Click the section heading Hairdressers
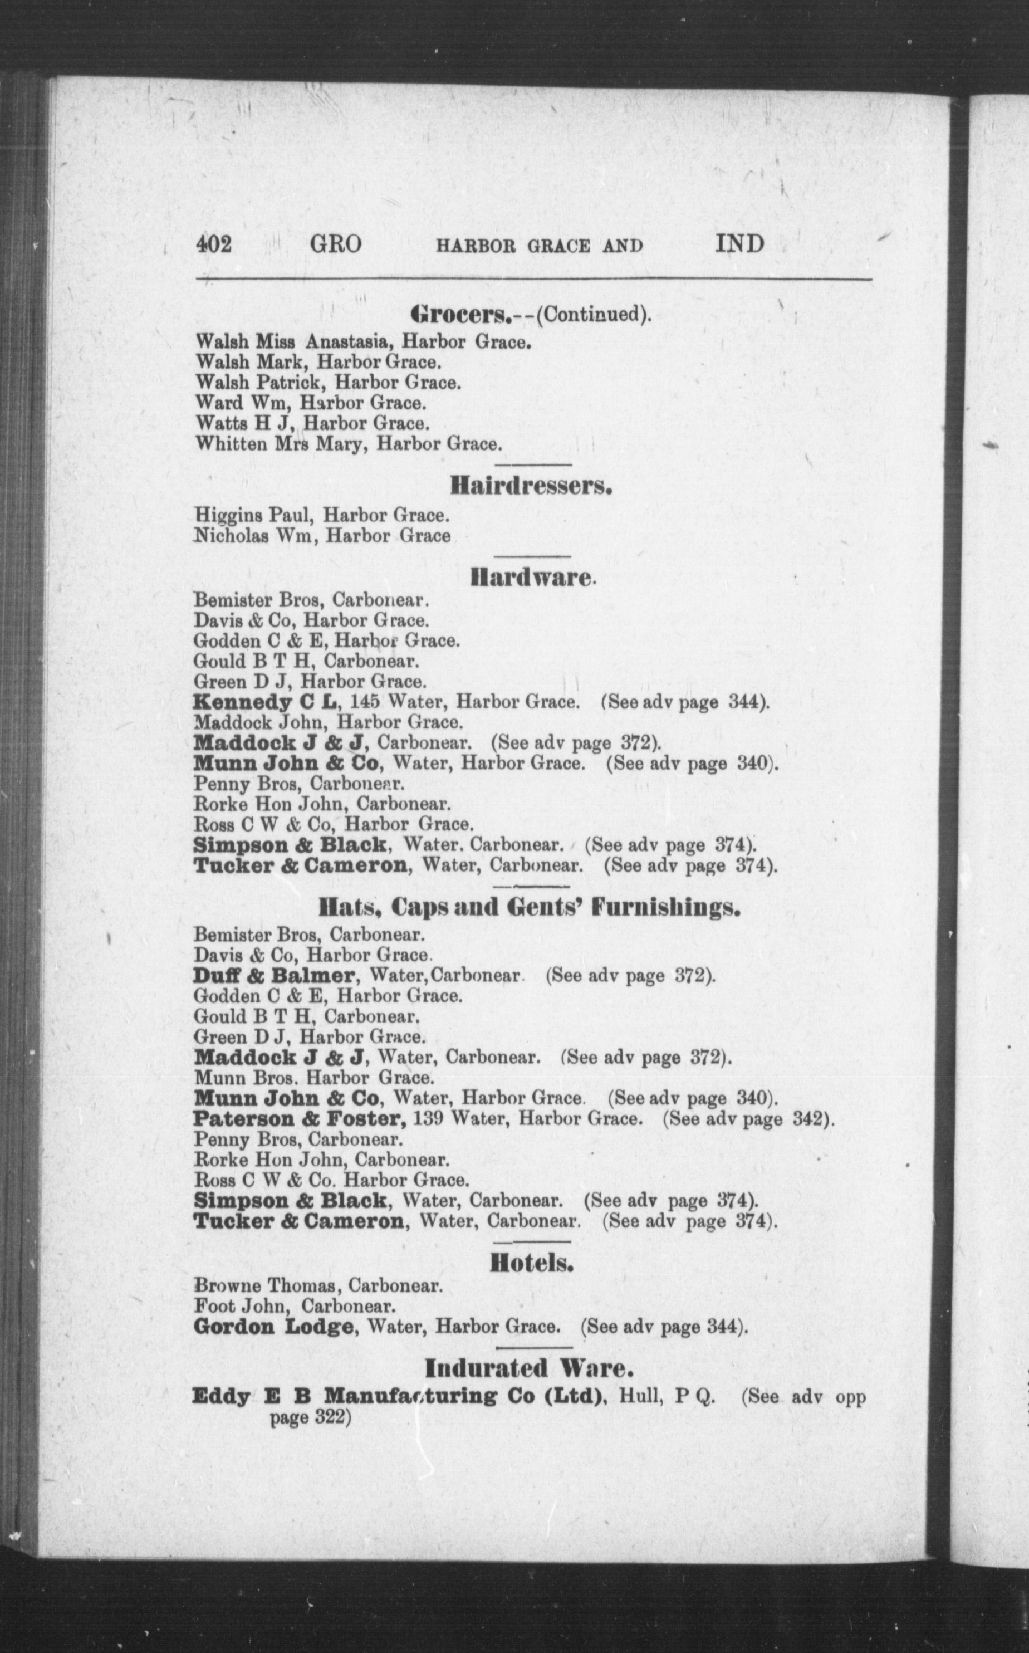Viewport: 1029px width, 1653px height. coord(531,487)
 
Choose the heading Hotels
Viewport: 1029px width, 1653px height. coord(532,1264)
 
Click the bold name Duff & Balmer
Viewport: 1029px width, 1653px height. coord(275,975)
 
